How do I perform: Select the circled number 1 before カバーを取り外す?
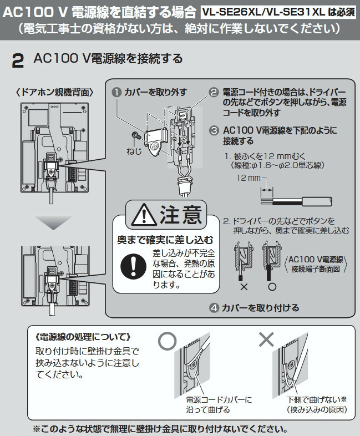click(117, 92)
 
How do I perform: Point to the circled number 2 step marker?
click(214, 92)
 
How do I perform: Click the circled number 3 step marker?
click(214, 130)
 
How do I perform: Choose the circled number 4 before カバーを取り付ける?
click(214, 307)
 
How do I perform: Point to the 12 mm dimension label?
click(248, 179)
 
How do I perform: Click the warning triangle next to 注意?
click(139, 214)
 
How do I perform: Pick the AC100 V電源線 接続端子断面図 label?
click(317, 264)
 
